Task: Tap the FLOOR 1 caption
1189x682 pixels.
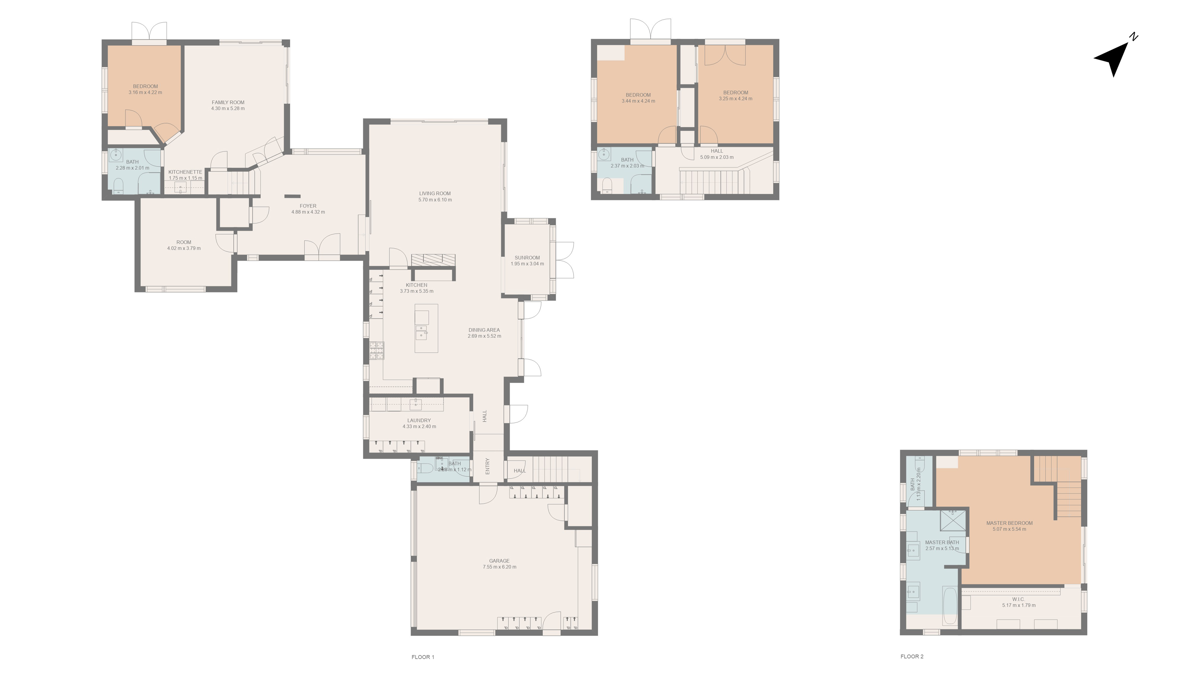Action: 422,657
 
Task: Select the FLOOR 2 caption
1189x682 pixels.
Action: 912,657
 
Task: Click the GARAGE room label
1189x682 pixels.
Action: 499,561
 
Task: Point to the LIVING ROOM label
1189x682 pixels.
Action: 435,193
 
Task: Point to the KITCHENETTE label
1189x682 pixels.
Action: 185,172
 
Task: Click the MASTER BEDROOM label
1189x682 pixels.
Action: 1009,523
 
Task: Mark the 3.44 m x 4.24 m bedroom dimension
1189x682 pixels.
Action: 638,101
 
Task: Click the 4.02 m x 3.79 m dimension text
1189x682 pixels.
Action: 184,248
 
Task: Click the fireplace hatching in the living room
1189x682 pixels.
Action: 433,259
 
